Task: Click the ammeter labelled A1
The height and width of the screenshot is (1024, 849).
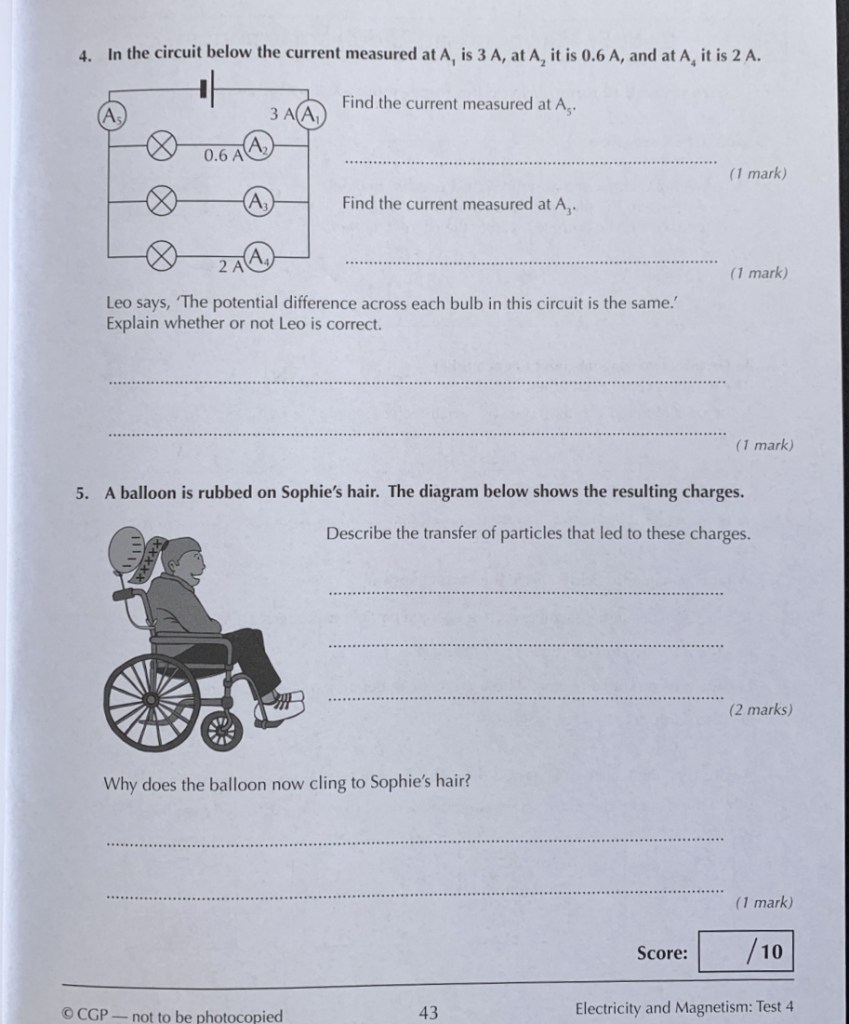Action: pos(312,113)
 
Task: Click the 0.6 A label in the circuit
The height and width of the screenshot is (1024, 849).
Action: pos(222,155)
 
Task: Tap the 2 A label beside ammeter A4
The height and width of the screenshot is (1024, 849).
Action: pos(230,266)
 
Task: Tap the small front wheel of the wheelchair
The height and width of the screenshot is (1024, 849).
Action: pos(222,731)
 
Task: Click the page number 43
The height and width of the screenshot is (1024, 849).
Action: pos(428,1012)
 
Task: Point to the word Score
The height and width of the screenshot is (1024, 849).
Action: pos(662,952)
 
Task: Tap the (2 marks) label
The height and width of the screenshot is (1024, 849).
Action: pos(760,710)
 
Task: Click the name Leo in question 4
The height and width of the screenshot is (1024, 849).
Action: pos(120,303)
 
